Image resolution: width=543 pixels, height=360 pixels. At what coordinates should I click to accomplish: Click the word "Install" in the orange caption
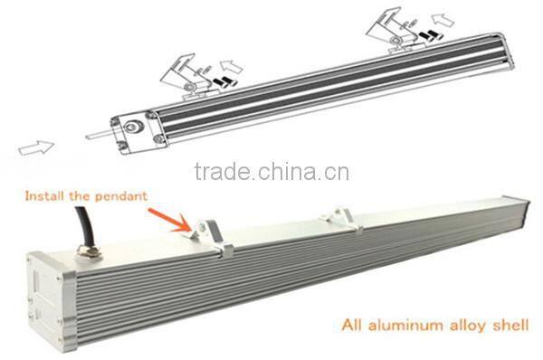pyautogui.click(x=43, y=194)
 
